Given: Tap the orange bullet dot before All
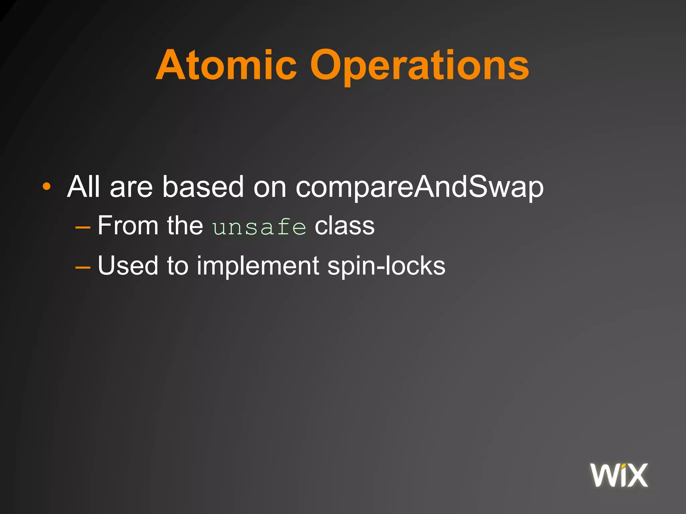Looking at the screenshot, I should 47,186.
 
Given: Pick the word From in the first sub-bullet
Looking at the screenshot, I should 128,226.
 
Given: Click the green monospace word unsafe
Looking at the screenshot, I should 259,227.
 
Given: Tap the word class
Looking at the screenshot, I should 344,226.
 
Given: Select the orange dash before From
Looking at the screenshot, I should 83,228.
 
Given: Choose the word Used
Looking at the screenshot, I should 128,266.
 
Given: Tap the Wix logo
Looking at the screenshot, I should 619,475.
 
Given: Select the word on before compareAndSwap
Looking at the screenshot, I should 270,187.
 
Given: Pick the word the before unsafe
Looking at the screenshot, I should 185,226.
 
